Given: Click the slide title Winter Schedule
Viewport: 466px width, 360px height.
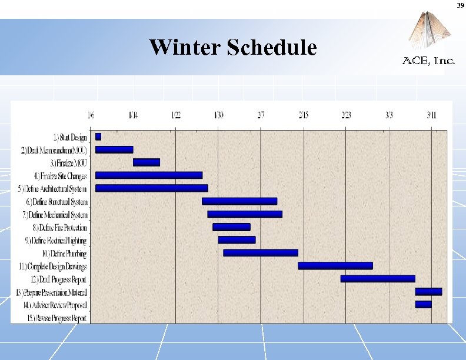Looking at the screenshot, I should pos(232,47).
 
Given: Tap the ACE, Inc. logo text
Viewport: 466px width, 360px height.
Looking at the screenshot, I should pos(428,60).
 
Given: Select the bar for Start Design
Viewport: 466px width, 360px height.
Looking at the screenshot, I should pos(98,136).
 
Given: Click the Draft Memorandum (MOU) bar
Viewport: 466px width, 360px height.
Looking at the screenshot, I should pos(114,149).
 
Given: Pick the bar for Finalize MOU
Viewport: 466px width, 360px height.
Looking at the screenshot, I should pos(146,162).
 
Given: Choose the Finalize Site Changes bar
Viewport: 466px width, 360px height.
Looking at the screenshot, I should pos(149,175).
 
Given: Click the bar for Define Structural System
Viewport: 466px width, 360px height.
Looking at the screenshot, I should pos(239,201).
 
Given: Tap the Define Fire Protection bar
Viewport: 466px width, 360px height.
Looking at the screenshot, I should pos(231,227).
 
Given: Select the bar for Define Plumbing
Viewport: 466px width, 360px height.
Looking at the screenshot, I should pos(261,253).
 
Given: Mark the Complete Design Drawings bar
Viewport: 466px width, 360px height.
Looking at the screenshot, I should pos(335,266).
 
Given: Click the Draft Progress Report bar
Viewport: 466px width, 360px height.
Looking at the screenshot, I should pos(378,279).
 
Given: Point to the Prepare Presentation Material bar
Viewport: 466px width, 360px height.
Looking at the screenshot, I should pos(428,292).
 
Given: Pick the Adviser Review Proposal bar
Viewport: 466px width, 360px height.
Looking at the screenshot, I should pos(423,304).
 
